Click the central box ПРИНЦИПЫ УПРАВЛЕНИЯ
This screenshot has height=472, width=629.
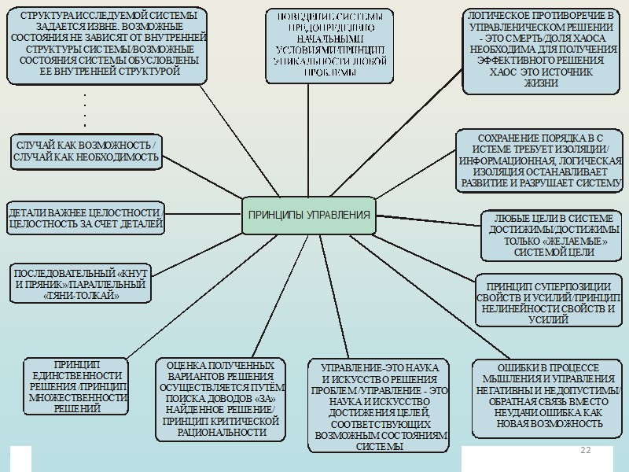[308, 215]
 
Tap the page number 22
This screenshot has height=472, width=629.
[585, 450]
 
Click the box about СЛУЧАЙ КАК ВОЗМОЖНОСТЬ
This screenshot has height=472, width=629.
[86, 151]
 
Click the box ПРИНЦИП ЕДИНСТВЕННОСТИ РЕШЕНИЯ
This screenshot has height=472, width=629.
[77, 386]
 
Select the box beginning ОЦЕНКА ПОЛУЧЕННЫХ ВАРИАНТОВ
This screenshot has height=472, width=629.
[219, 398]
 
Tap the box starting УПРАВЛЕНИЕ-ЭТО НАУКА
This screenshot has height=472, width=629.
[379, 406]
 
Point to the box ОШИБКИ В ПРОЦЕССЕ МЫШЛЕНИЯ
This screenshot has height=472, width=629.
[548, 396]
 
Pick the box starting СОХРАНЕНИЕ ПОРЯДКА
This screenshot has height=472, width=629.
[539, 160]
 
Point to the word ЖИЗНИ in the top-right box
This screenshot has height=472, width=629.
[540, 83]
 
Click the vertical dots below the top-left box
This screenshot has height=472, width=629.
[84, 110]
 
